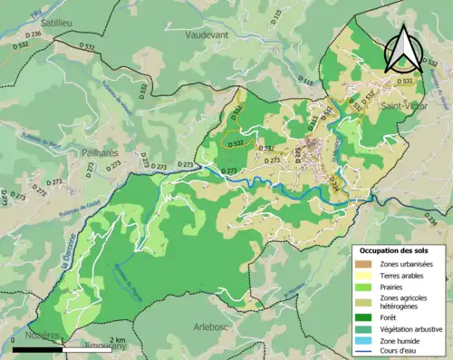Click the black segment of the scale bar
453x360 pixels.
coord(38,348)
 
